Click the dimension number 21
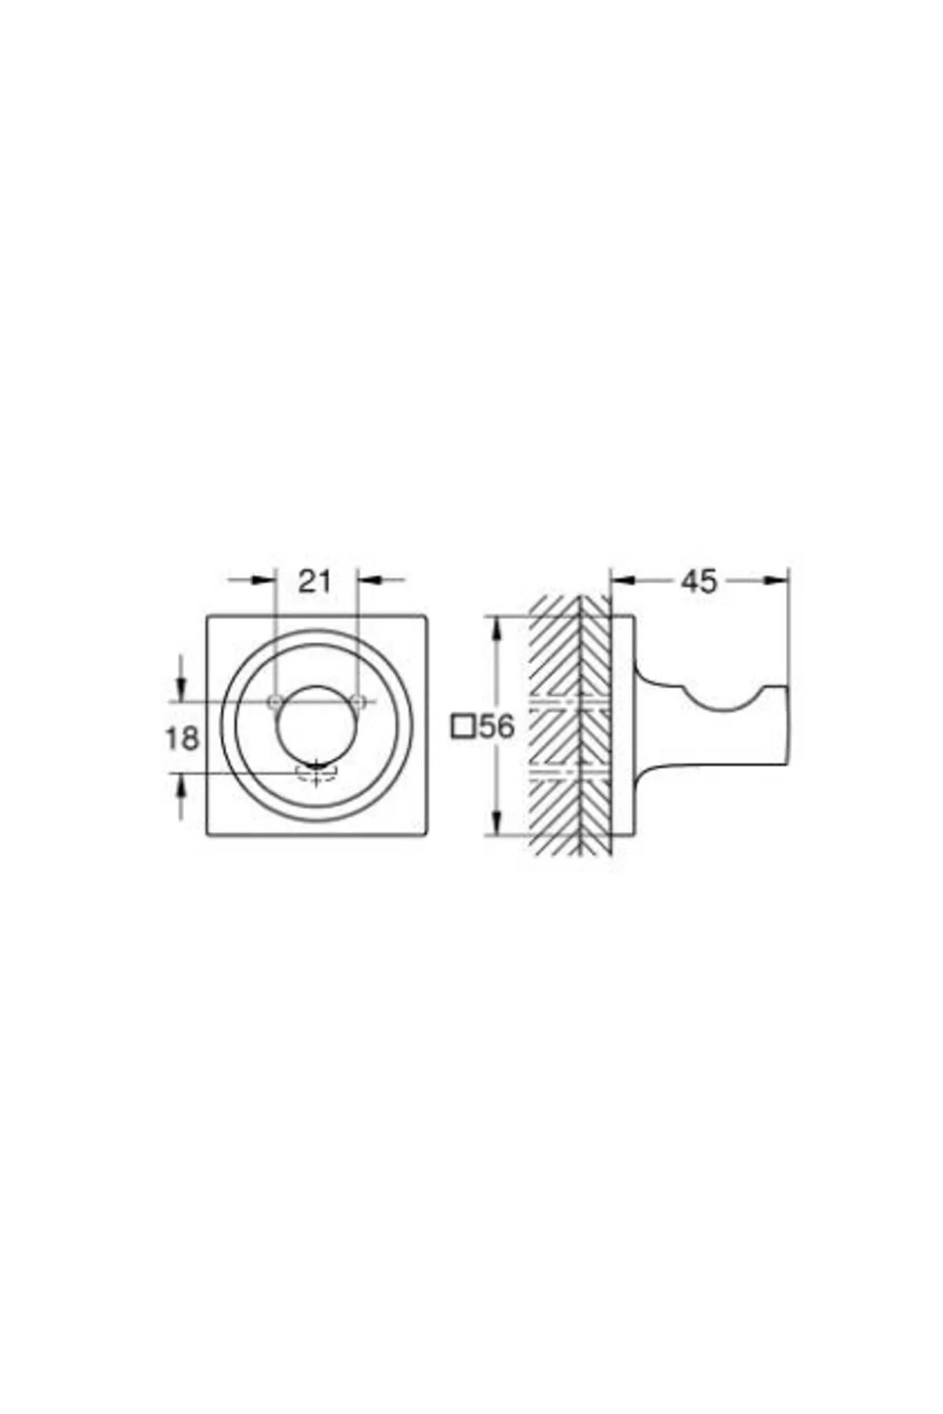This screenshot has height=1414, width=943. click(314, 581)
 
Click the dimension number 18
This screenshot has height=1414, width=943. click(182, 738)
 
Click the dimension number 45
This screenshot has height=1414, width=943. click(699, 581)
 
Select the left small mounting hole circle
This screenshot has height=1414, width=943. click(274, 701)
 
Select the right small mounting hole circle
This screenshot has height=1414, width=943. click(358, 701)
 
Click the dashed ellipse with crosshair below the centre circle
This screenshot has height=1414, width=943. click(316, 775)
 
